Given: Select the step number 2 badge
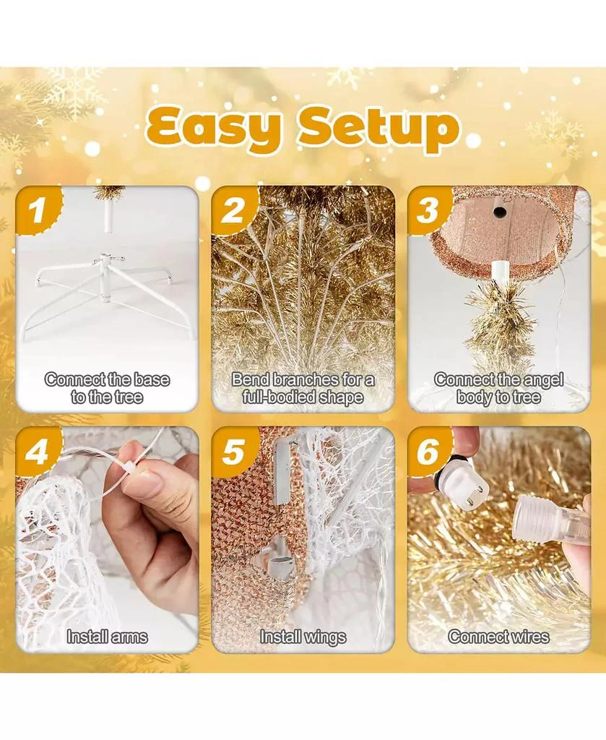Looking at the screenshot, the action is (233, 210).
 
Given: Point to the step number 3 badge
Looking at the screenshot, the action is (428, 210).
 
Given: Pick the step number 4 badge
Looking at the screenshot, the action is (38, 452).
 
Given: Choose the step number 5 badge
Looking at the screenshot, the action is (233, 452).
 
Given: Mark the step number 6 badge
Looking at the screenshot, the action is (428, 452).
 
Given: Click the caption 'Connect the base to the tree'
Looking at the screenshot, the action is (107, 388).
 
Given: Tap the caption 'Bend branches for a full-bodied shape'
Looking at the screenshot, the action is (303, 388).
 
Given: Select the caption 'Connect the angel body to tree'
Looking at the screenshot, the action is (498, 388).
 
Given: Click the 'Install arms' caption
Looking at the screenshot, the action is (107, 637).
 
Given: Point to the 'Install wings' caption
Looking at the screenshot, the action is (303, 637).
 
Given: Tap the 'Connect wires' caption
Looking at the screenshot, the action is (498, 637).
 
